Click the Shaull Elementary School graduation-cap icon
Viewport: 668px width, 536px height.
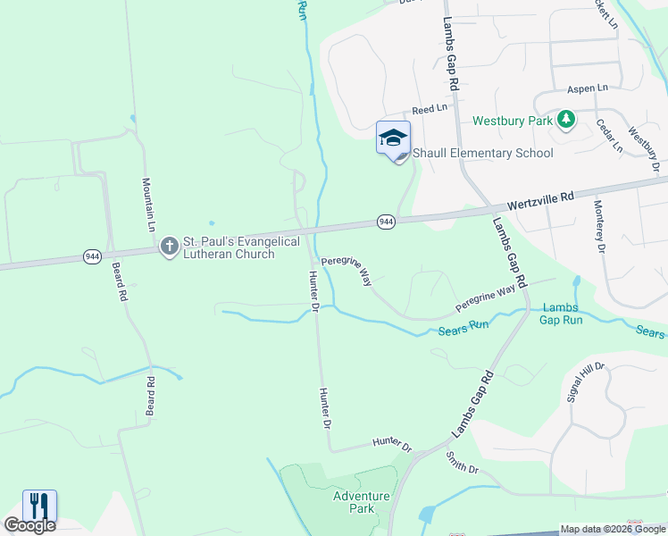click(393, 138)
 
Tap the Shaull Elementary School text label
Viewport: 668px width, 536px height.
click(482, 153)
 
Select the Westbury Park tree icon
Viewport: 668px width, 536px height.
click(565, 119)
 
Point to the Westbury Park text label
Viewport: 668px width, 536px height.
click(513, 120)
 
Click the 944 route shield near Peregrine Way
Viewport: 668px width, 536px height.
click(386, 222)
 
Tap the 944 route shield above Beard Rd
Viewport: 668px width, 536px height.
click(93, 256)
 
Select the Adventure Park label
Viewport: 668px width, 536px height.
click(361, 502)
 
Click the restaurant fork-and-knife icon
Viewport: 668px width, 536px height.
click(39, 506)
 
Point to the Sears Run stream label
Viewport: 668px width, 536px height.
click(463, 327)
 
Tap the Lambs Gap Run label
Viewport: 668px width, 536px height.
click(562, 314)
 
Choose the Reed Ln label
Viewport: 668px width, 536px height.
click(430, 109)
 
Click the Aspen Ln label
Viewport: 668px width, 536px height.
click(588, 89)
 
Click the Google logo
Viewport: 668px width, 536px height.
click(29, 525)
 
